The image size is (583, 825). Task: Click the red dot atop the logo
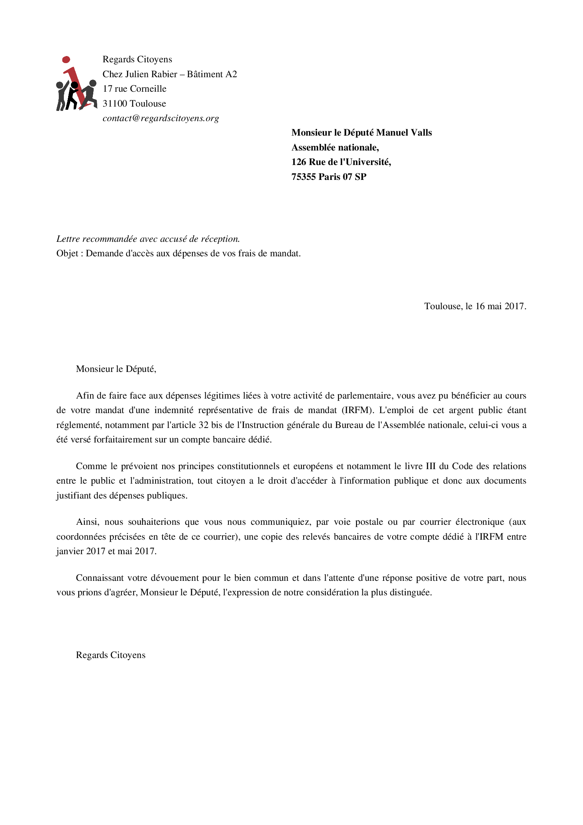click(x=66, y=60)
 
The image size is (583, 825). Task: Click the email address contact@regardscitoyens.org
click(x=161, y=118)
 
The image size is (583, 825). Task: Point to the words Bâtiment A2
click(x=212, y=74)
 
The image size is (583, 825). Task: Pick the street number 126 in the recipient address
click(x=299, y=162)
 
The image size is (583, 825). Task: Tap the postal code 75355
click(x=303, y=177)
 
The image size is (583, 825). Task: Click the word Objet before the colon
click(x=67, y=253)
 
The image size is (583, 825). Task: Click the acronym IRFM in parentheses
click(x=357, y=410)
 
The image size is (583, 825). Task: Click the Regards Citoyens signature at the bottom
click(x=110, y=655)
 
